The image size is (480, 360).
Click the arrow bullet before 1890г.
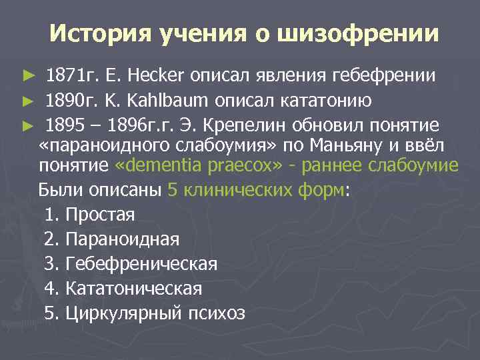point(27,101)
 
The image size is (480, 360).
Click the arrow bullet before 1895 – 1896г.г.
point(27,125)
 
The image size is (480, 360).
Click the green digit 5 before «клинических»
point(173,189)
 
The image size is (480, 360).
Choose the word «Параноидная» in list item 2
point(122,239)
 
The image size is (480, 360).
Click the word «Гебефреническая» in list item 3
point(141,264)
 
